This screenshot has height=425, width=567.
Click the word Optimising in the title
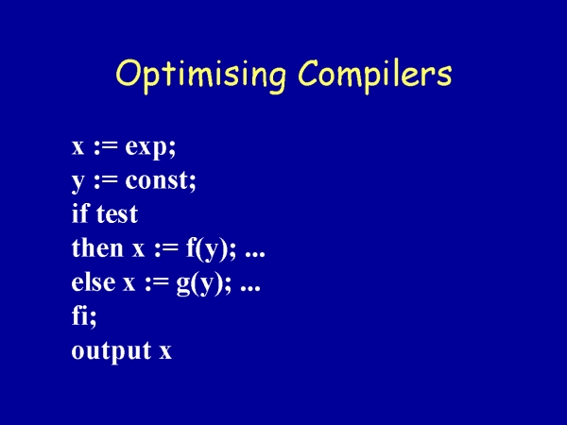[200, 75]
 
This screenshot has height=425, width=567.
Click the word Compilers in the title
[375, 75]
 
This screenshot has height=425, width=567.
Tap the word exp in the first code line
[148, 148]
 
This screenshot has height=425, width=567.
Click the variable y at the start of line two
[77, 182]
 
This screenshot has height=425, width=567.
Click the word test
[117, 214]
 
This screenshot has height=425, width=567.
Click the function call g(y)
[198, 283]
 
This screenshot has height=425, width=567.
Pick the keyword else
[94, 281]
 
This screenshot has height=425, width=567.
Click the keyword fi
[81, 315]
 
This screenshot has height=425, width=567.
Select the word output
[112, 351]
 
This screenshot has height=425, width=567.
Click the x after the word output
[165, 352]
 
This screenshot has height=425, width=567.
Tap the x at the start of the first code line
[77, 148]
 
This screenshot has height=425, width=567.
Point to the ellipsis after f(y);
[255, 254]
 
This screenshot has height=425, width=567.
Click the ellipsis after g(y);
[250, 288]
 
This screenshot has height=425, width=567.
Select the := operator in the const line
[106, 181]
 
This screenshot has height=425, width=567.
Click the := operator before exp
[106, 148]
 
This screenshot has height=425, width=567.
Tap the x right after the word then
[138, 249]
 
